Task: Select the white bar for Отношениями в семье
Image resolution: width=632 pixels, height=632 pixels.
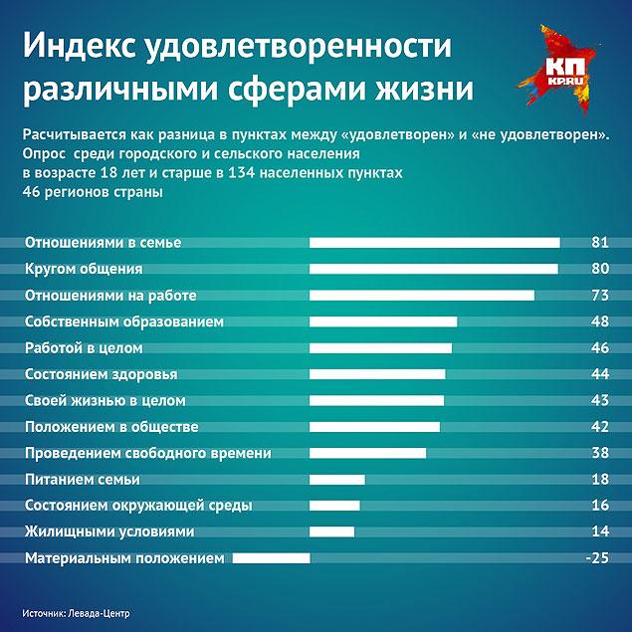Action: (x=435, y=242)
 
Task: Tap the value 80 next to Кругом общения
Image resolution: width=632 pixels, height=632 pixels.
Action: (x=599, y=269)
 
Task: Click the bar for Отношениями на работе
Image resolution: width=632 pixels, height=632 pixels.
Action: (x=422, y=296)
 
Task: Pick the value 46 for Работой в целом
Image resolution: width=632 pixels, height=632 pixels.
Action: (x=599, y=348)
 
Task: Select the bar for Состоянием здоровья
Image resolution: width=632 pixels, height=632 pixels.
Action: (x=377, y=374)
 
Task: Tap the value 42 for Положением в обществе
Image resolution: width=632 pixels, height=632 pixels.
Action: (x=599, y=427)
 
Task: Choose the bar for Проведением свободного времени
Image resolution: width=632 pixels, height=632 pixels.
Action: (x=368, y=453)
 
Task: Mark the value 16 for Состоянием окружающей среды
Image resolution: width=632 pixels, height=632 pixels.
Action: (x=599, y=506)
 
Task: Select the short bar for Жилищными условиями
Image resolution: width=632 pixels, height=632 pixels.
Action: (x=332, y=531)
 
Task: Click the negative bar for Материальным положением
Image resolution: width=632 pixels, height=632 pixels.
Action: (x=272, y=558)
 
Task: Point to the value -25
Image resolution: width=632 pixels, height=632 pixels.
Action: (x=596, y=558)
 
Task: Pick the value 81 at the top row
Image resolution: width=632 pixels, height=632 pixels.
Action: (x=599, y=243)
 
